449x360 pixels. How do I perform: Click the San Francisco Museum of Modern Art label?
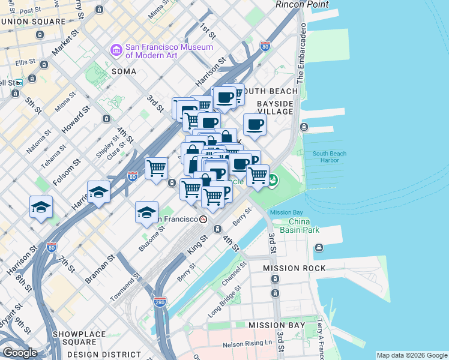[x=169, y=52]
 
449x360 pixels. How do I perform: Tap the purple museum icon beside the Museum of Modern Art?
[x=116, y=52]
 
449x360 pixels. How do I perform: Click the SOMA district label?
[x=123, y=71]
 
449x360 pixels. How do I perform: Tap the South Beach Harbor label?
[x=329, y=157]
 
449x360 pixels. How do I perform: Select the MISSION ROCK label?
[x=298, y=268]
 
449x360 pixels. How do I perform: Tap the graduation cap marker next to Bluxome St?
[x=146, y=212]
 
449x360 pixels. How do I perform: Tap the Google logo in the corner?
[x=19, y=352]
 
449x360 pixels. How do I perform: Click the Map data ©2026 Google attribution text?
[x=411, y=355]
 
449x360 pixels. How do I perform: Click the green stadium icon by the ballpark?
[x=273, y=179]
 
